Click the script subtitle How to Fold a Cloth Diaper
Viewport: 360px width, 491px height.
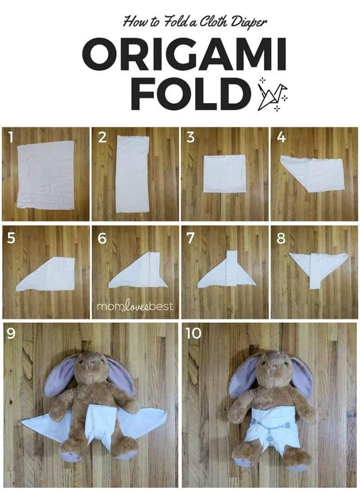pos(195,22)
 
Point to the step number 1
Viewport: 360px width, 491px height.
pos(11,137)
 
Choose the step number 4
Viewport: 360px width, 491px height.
pos(281,137)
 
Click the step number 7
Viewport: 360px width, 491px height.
pos(190,238)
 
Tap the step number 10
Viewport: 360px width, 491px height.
pos(193,333)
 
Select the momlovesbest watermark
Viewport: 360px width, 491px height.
pos(135,306)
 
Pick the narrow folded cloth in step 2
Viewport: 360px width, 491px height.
pos(133,174)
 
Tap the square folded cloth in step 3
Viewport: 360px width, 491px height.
pos(224,173)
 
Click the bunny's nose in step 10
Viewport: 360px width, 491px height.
pos(273,365)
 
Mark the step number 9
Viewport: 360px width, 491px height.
pos(11,333)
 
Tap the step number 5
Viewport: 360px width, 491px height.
pos(11,238)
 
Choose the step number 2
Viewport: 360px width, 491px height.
pos(102,137)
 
